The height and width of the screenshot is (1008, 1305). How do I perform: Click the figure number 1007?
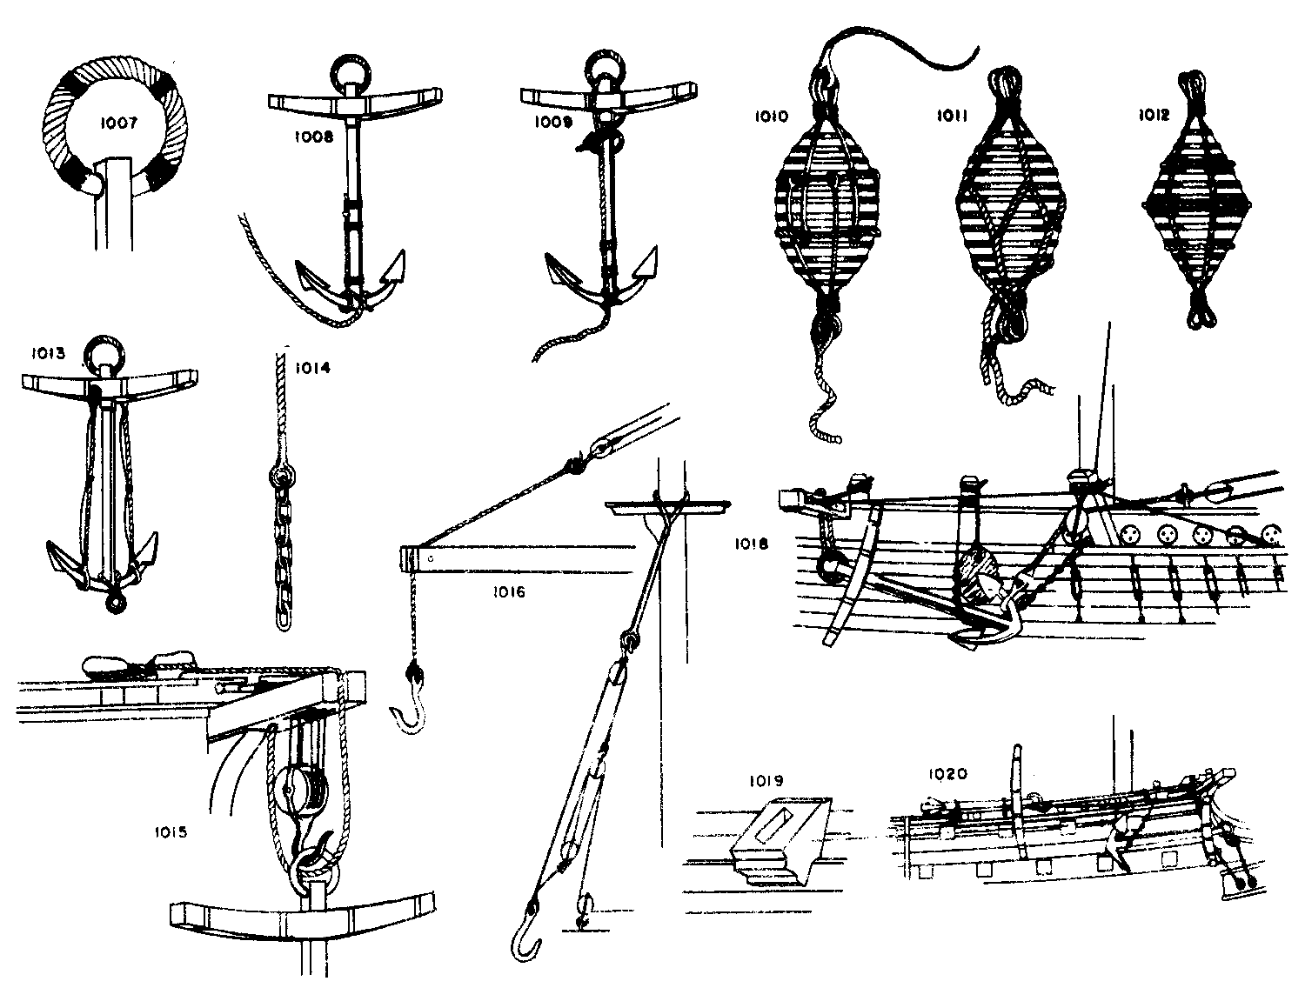click(118, 123)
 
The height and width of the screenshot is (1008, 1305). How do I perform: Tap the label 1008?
click(313, 137)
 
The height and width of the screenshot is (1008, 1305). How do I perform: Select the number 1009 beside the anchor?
click(553, 122)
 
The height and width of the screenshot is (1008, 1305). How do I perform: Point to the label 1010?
click(772, 116)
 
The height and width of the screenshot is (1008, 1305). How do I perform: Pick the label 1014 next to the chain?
click(312, 367)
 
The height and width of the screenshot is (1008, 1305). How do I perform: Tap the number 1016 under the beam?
click(509, 592)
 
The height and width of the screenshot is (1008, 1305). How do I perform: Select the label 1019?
click(766, 781)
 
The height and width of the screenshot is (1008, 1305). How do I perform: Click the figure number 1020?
click(948, 774)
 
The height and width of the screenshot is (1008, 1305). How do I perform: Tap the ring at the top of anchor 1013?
click(105, 354)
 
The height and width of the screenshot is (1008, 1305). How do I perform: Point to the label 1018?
click(752, 544)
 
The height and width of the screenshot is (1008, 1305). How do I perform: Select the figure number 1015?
click(171, 832)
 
